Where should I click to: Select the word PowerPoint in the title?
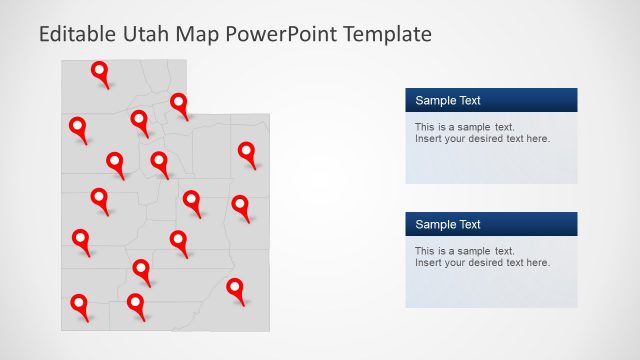[282, 35]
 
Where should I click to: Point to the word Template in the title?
[387, 35]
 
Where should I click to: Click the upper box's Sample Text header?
[448, 100]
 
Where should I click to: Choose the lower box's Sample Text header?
[448, 224]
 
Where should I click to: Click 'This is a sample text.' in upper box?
[464, 127]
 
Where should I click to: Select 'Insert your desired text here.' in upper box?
[482, 139]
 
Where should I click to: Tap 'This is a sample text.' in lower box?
[464, 251]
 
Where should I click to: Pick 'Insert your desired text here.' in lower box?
[482, 263]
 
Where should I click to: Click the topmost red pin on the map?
[100, 72]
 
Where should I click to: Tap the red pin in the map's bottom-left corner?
[78, 304]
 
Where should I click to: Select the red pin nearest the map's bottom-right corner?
[235, 289]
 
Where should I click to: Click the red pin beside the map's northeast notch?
[179, 103]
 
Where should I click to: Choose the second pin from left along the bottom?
[135, 303]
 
